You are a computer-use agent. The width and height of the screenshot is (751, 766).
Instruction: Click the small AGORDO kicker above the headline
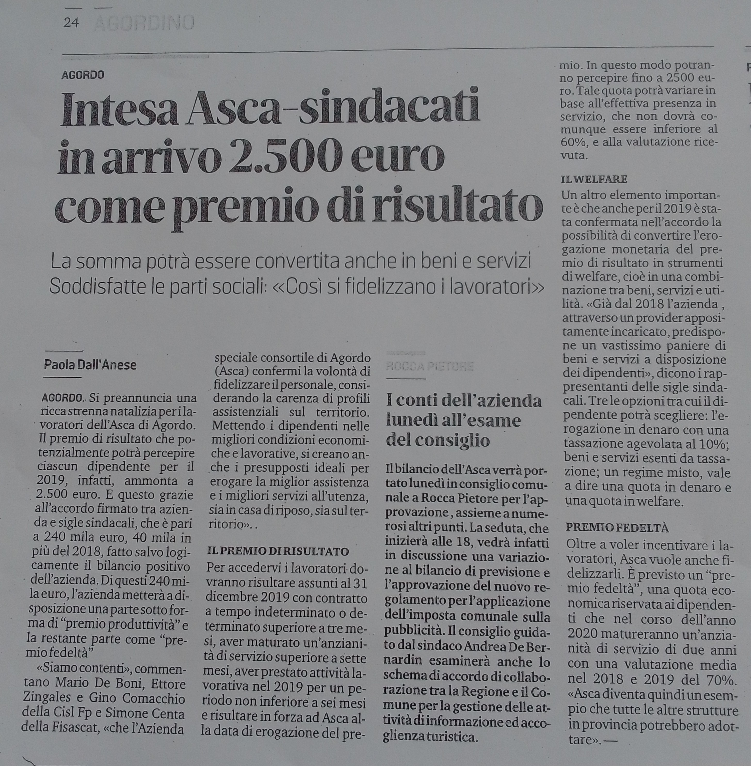point(83,75)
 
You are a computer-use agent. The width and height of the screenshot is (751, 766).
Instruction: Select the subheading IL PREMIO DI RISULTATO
point(278,551)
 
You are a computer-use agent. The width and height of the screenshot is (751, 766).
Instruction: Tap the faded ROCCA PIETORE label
point(430,366)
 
